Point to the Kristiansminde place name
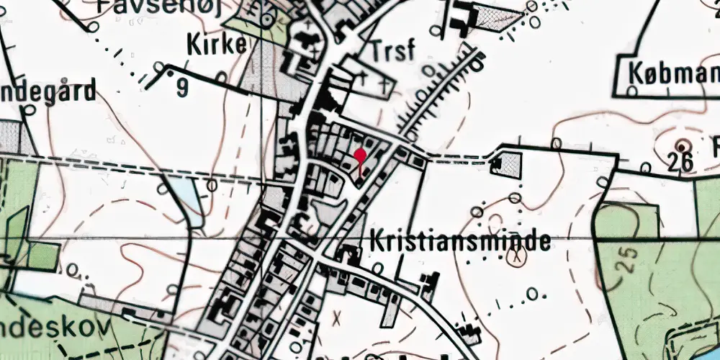460,242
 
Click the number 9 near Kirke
181,88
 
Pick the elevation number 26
680,162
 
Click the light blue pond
184,198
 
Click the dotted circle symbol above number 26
682,142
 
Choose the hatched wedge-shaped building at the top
497,19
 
